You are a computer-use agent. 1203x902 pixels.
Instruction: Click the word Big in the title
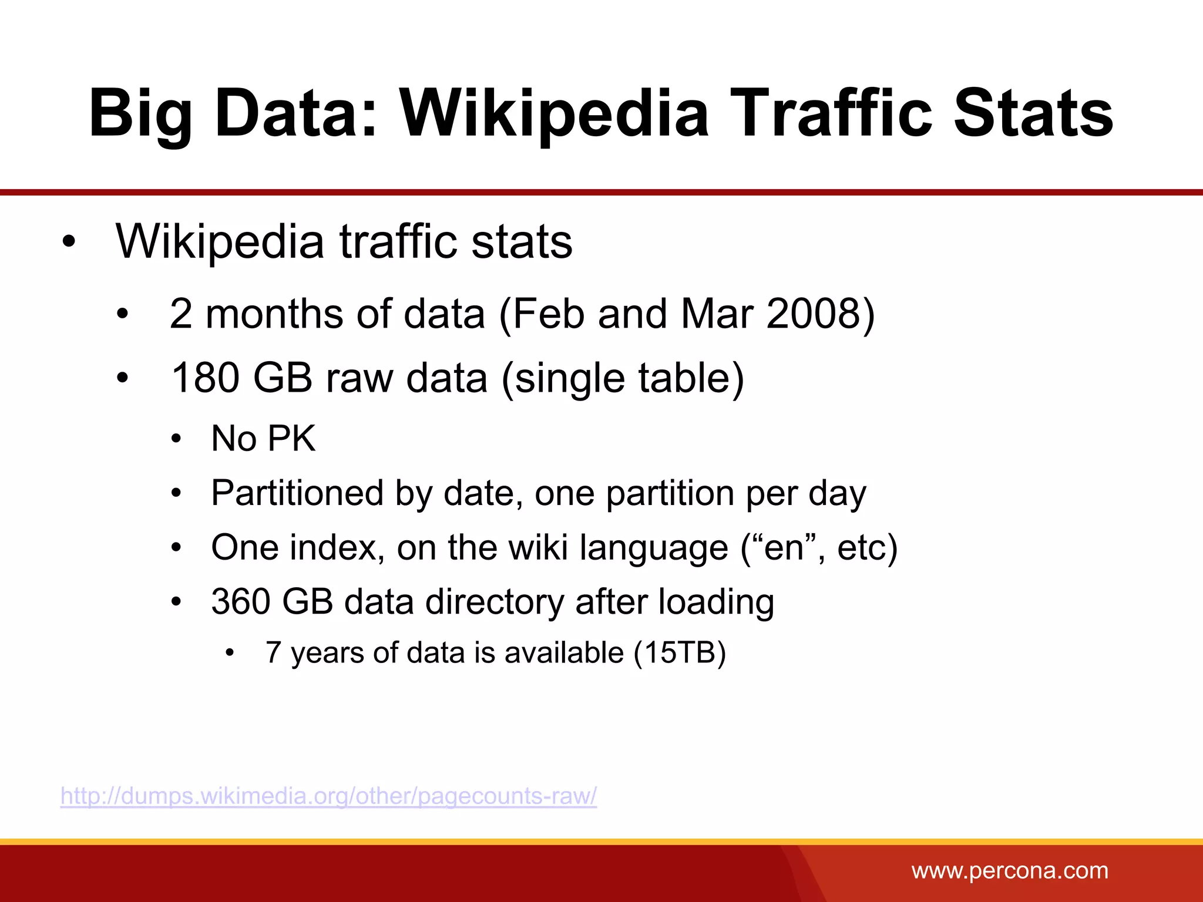(x=141, y=113)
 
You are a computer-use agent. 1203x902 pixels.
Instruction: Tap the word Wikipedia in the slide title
(x=555, y=113)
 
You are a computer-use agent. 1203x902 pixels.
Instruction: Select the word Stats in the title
(x=1033, y=113)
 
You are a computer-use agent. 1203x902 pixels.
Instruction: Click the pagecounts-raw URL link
(x=329, y=796)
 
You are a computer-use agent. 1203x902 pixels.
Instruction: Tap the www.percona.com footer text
(x=1010, y=870)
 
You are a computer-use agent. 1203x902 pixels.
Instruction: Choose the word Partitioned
(x=297, y=493)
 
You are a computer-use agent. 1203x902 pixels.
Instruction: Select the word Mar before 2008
(x=717, y=314)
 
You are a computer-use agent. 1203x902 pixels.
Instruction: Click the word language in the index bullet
(x=654, y=548)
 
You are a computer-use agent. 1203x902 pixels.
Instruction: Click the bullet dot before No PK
(x=176, y=439)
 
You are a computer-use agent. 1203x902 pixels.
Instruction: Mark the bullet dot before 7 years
(x=230, y=653)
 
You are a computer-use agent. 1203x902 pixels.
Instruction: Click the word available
(x=564, y=652)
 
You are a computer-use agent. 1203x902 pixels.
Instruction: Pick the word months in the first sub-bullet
(x=274, y=314)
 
